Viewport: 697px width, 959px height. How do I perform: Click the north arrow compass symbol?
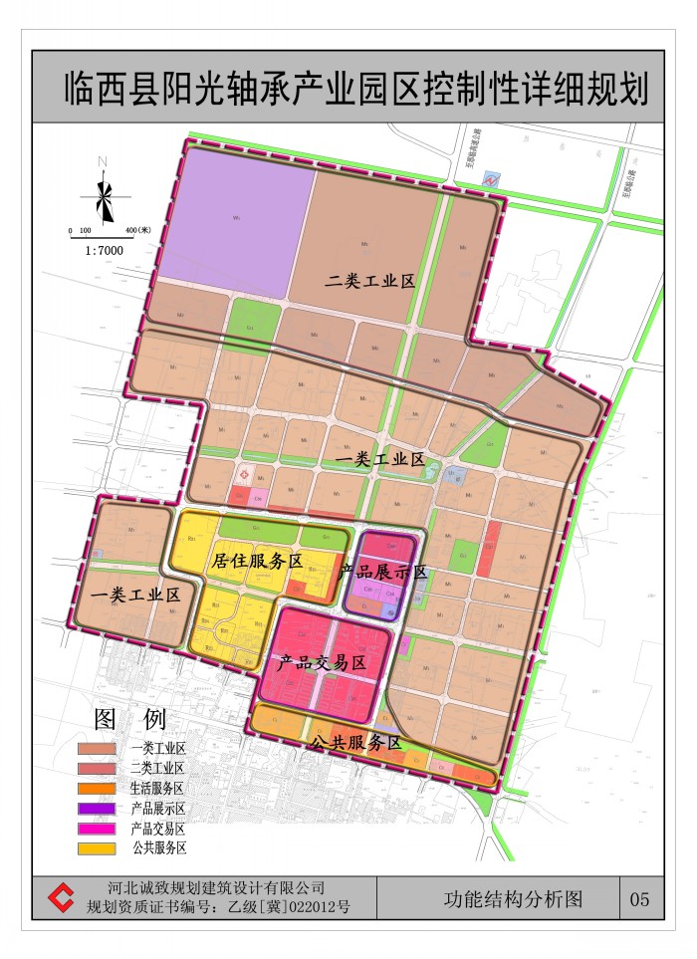[x=104, y=194]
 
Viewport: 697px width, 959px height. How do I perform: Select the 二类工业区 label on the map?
[x=369, y=282]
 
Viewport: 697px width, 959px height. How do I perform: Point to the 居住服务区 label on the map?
[x=257, y=562]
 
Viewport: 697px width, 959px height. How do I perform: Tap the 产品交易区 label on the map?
[x=323, y=662]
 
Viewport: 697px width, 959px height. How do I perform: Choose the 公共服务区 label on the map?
[x=354, y=743]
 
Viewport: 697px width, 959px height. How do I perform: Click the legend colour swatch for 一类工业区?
[x=100, y=748]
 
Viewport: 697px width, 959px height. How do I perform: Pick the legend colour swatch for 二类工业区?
[x=100, y=768]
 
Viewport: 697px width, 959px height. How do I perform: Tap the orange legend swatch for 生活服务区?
[x=100, y=788]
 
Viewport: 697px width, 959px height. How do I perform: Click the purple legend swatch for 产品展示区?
[x=100, y=808]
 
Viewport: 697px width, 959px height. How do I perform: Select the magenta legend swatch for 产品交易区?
[x=100, y=828]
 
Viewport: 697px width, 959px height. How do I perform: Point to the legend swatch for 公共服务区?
[x=100, y=848]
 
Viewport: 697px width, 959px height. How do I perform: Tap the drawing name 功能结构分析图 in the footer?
[x=512, y=898]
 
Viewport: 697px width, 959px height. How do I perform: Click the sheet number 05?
[x=639, y=899]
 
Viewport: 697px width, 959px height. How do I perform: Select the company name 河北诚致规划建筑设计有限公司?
[x=217, y=888]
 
